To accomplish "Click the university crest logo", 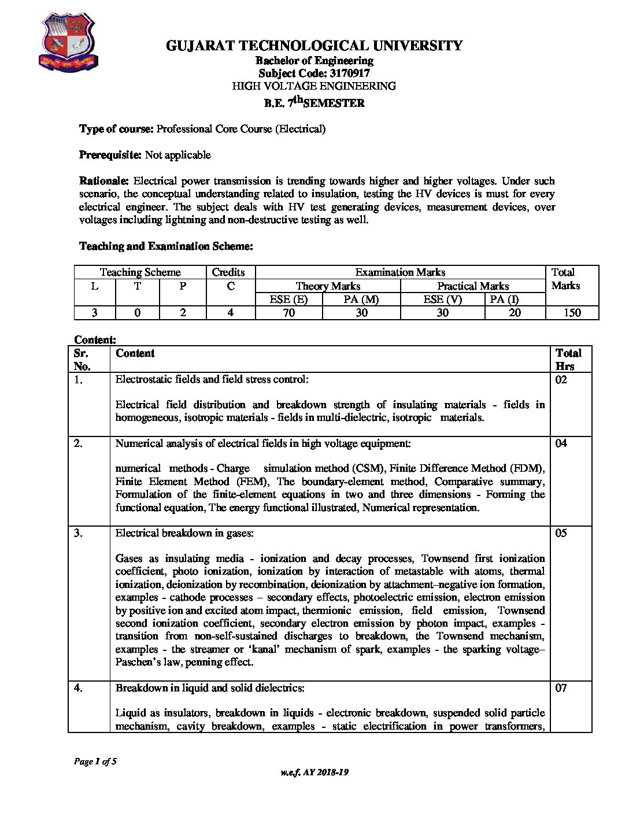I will tap(68, 43).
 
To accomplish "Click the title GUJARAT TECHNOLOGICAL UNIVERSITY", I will tap(314, 46).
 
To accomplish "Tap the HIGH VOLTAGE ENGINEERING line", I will tap(314, 86).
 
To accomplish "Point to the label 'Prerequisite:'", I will tap(110, 155).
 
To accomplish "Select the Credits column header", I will tap(228, 272).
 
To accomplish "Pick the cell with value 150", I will tap(572, 313).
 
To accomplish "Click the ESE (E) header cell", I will tap(288, 299).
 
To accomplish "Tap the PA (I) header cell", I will tap(504, 299).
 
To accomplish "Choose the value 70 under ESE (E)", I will tap(288, 313).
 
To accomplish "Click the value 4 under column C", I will tap(230, 313).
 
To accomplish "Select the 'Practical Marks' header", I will tap(472, 286).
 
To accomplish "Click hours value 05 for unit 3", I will tap(561, 533).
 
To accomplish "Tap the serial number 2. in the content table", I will tap(79, 443).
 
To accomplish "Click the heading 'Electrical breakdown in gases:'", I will tap(184, 533).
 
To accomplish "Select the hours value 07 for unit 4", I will tap(561, 688).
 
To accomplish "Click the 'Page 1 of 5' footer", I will tap(95, 761).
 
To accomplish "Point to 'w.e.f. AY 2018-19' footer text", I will tap(314, 772).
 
